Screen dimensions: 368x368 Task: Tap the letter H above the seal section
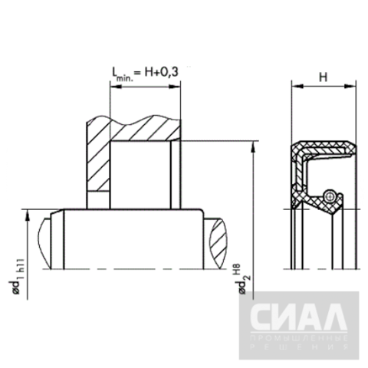322,77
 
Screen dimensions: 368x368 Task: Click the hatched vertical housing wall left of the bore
97,165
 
